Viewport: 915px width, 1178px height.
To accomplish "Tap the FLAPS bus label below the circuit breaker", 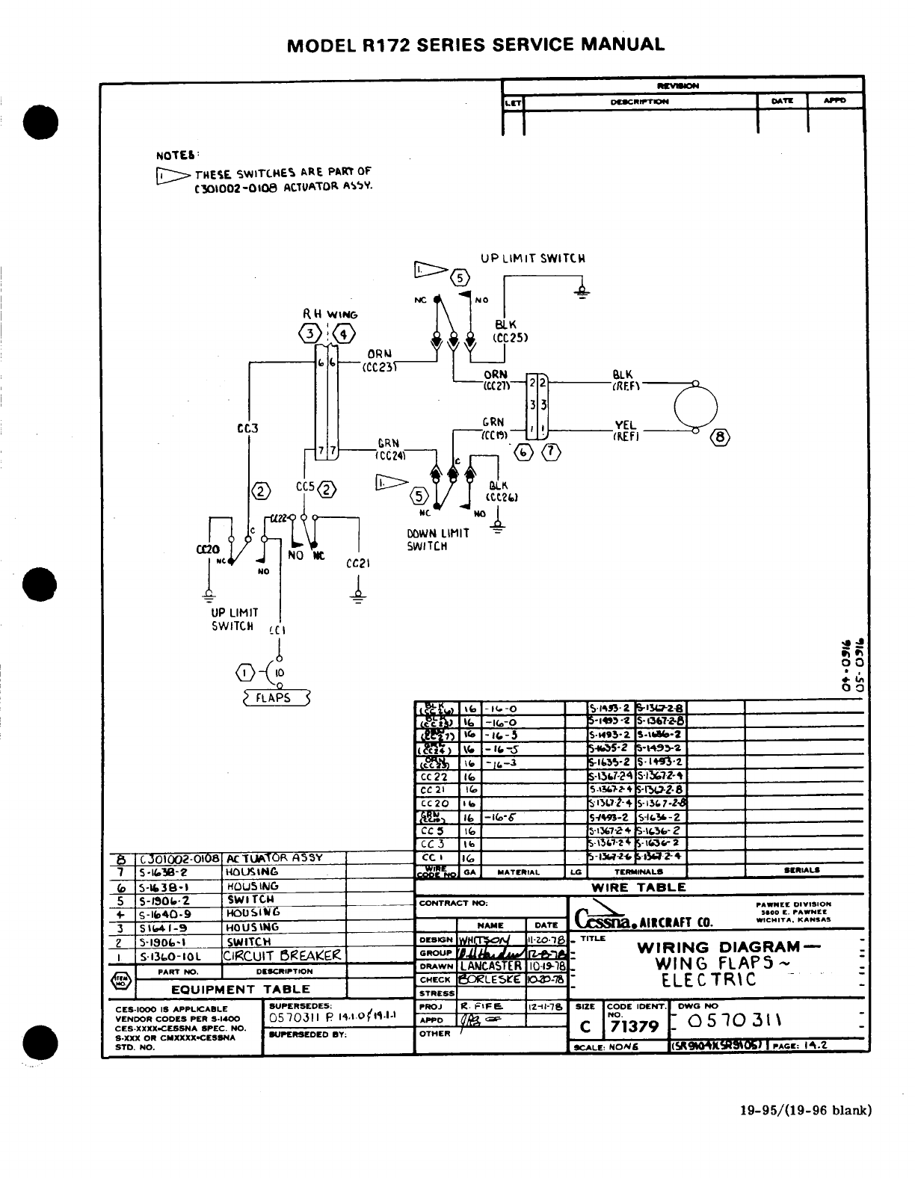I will (x=277, y=698).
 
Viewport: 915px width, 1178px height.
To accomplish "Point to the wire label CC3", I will (x=247, y=428).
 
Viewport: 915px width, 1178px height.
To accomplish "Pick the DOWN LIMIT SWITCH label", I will (x=438, y=540).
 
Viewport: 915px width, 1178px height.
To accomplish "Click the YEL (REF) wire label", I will (x=624, y=431).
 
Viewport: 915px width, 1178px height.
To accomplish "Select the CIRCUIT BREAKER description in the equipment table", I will (x=283, y=956).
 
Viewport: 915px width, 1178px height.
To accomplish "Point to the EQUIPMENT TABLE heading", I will (x=241, y=989).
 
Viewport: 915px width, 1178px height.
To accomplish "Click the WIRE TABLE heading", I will (x=638, y=887).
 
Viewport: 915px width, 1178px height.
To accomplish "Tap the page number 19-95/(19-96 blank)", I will (x=801, y=1109).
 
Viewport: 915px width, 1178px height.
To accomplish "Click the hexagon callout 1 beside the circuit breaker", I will (x=244, y=673).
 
